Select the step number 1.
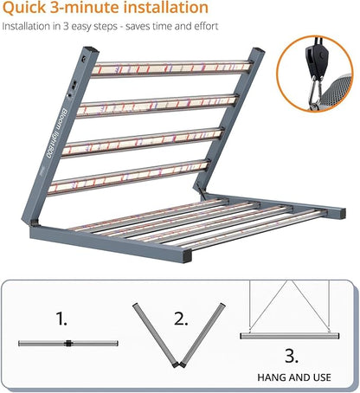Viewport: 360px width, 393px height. (61, 319)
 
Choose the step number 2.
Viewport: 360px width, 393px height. (181, 319)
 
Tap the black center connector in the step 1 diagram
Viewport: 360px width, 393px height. (66, 344)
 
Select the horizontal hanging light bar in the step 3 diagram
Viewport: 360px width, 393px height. (285, 335)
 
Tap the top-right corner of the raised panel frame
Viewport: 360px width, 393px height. (258, 54)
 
